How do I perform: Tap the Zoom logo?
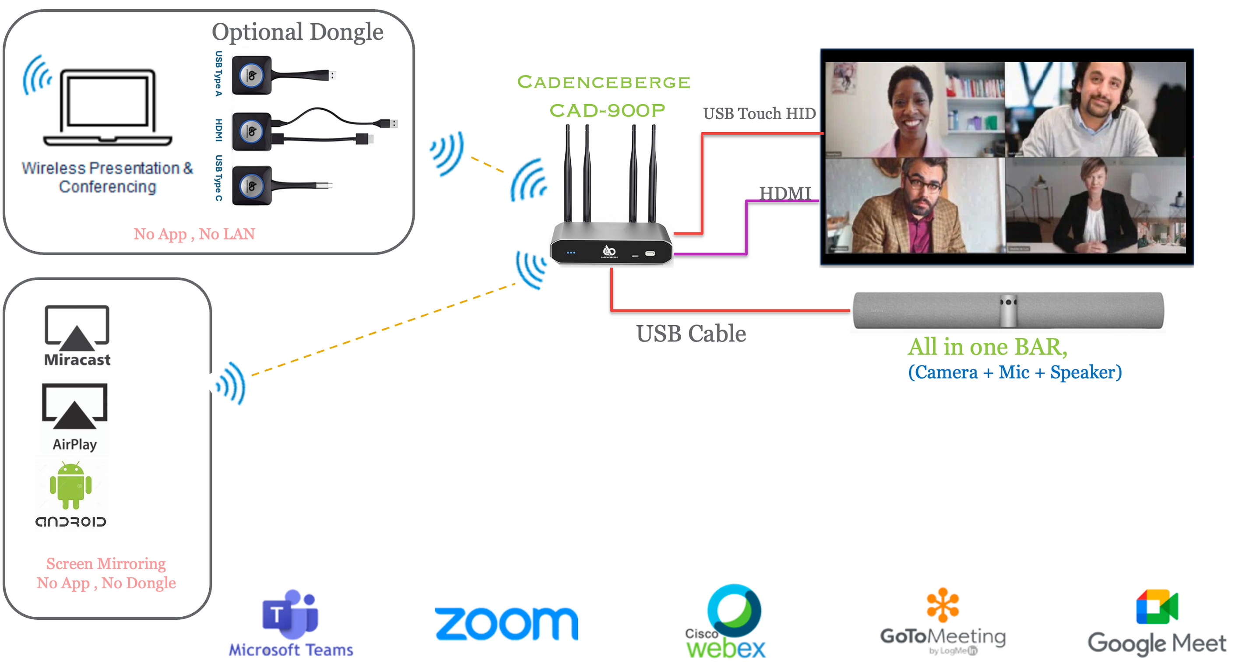pos(506,623)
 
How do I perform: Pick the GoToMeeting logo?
pos(943,622)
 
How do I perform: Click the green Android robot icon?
pos(70,485)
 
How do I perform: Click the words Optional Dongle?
pos(298,32)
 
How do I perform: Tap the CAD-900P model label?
pos(608,111)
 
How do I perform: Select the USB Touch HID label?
pos(760,114)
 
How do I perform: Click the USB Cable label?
pos(691,334)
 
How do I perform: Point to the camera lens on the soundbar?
pos(1008,302)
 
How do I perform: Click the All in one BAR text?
pos(988,347)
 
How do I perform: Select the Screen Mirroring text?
pos(106,563)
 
